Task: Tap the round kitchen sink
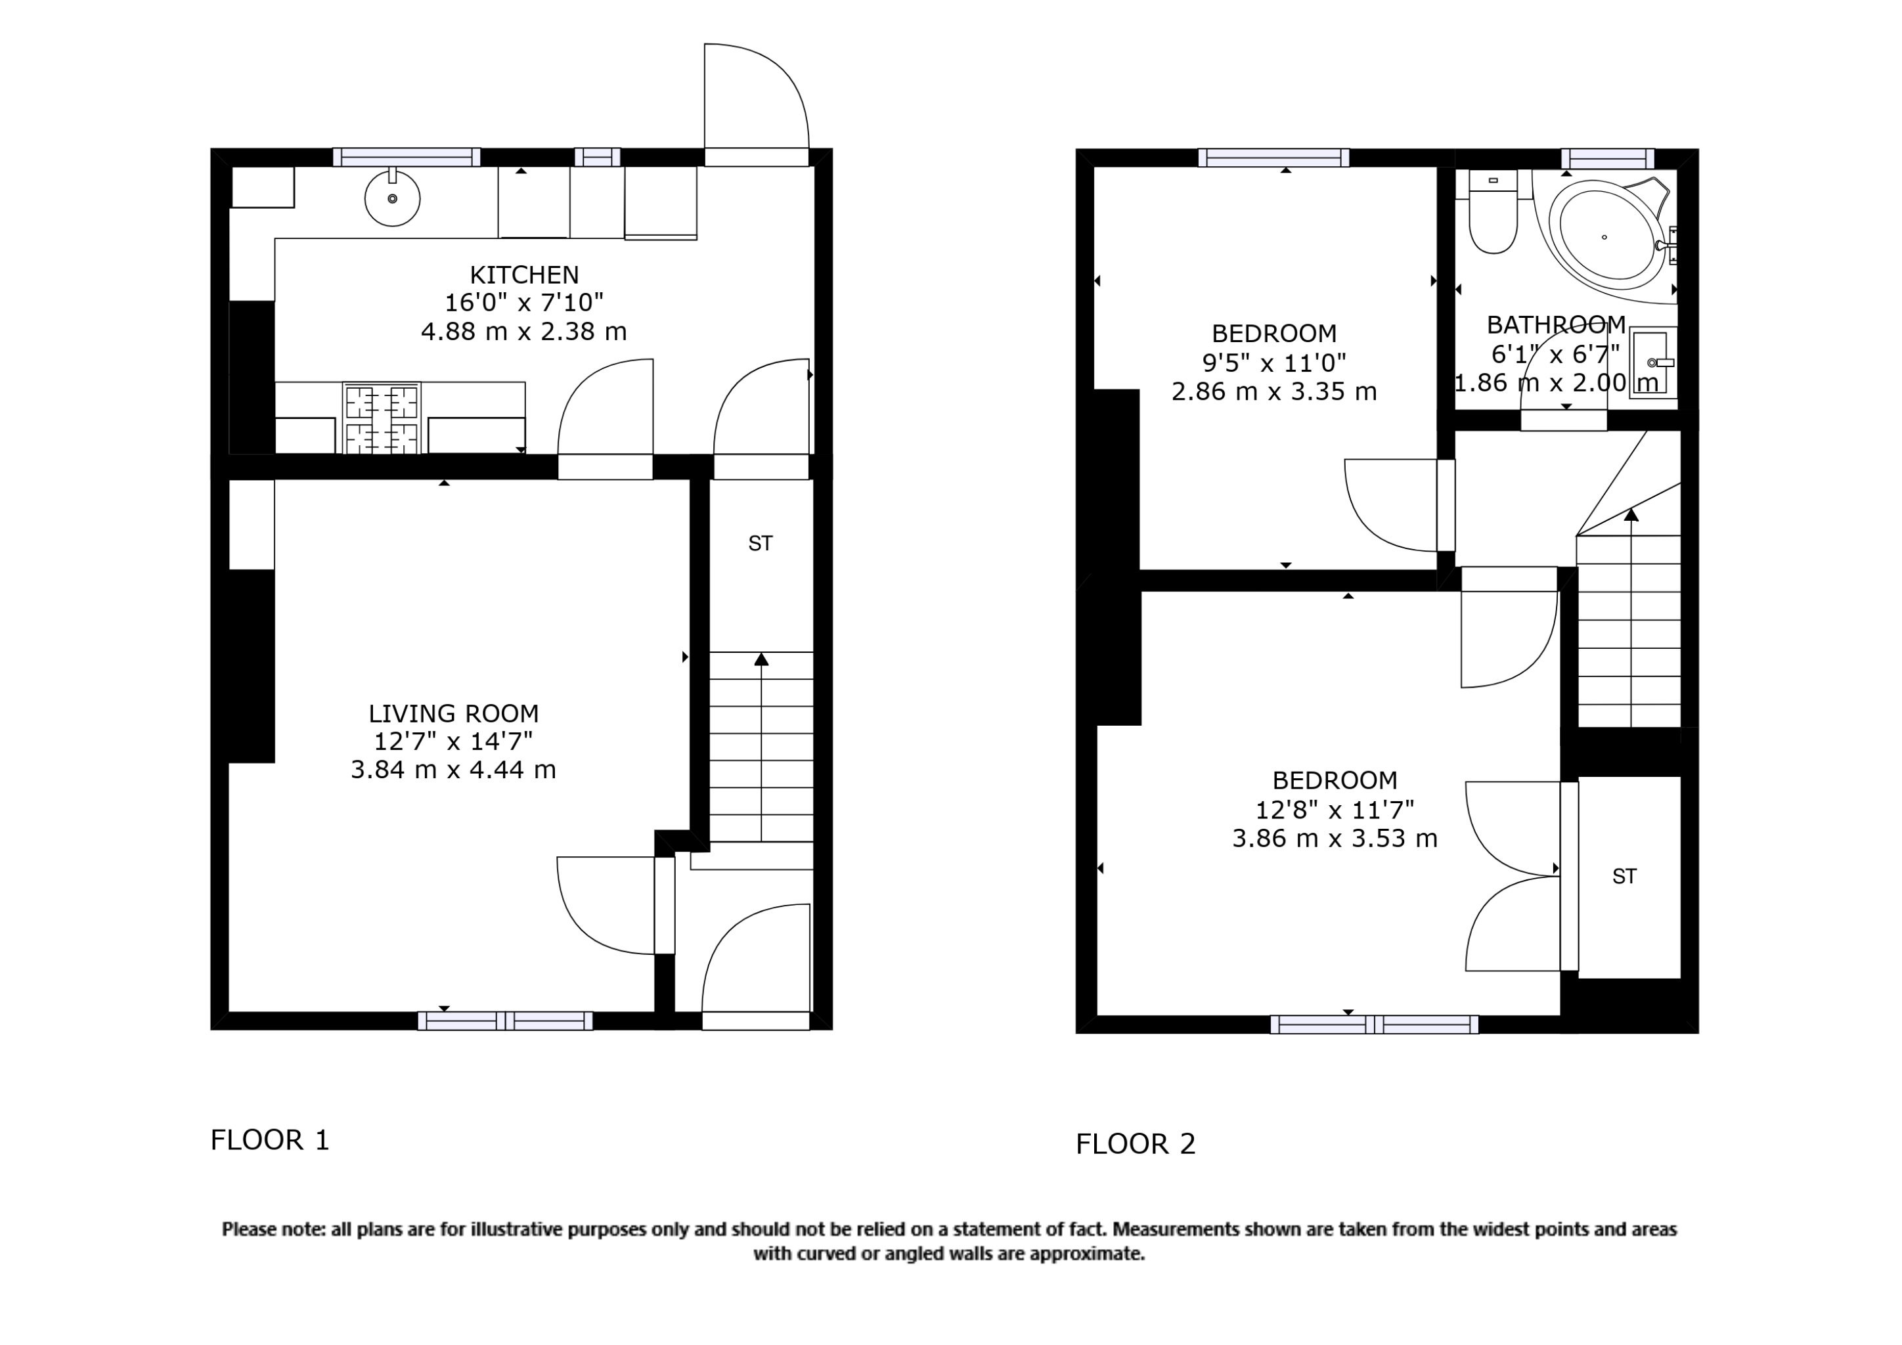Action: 392,199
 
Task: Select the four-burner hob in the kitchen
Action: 381,418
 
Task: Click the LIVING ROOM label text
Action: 453,713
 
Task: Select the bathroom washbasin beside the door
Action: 1652,363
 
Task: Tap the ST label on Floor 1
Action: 760,543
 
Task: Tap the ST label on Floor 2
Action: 1624,876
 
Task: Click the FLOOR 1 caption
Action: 270,1141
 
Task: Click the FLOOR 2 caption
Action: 1135,1145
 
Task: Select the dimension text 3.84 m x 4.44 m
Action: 453,770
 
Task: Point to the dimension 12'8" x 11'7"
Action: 1334,809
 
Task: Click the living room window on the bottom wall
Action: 504,1021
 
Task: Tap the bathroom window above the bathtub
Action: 1607,158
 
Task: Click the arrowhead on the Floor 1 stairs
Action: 761,659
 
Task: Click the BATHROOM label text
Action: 1556,324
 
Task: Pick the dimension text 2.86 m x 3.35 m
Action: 1273,391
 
